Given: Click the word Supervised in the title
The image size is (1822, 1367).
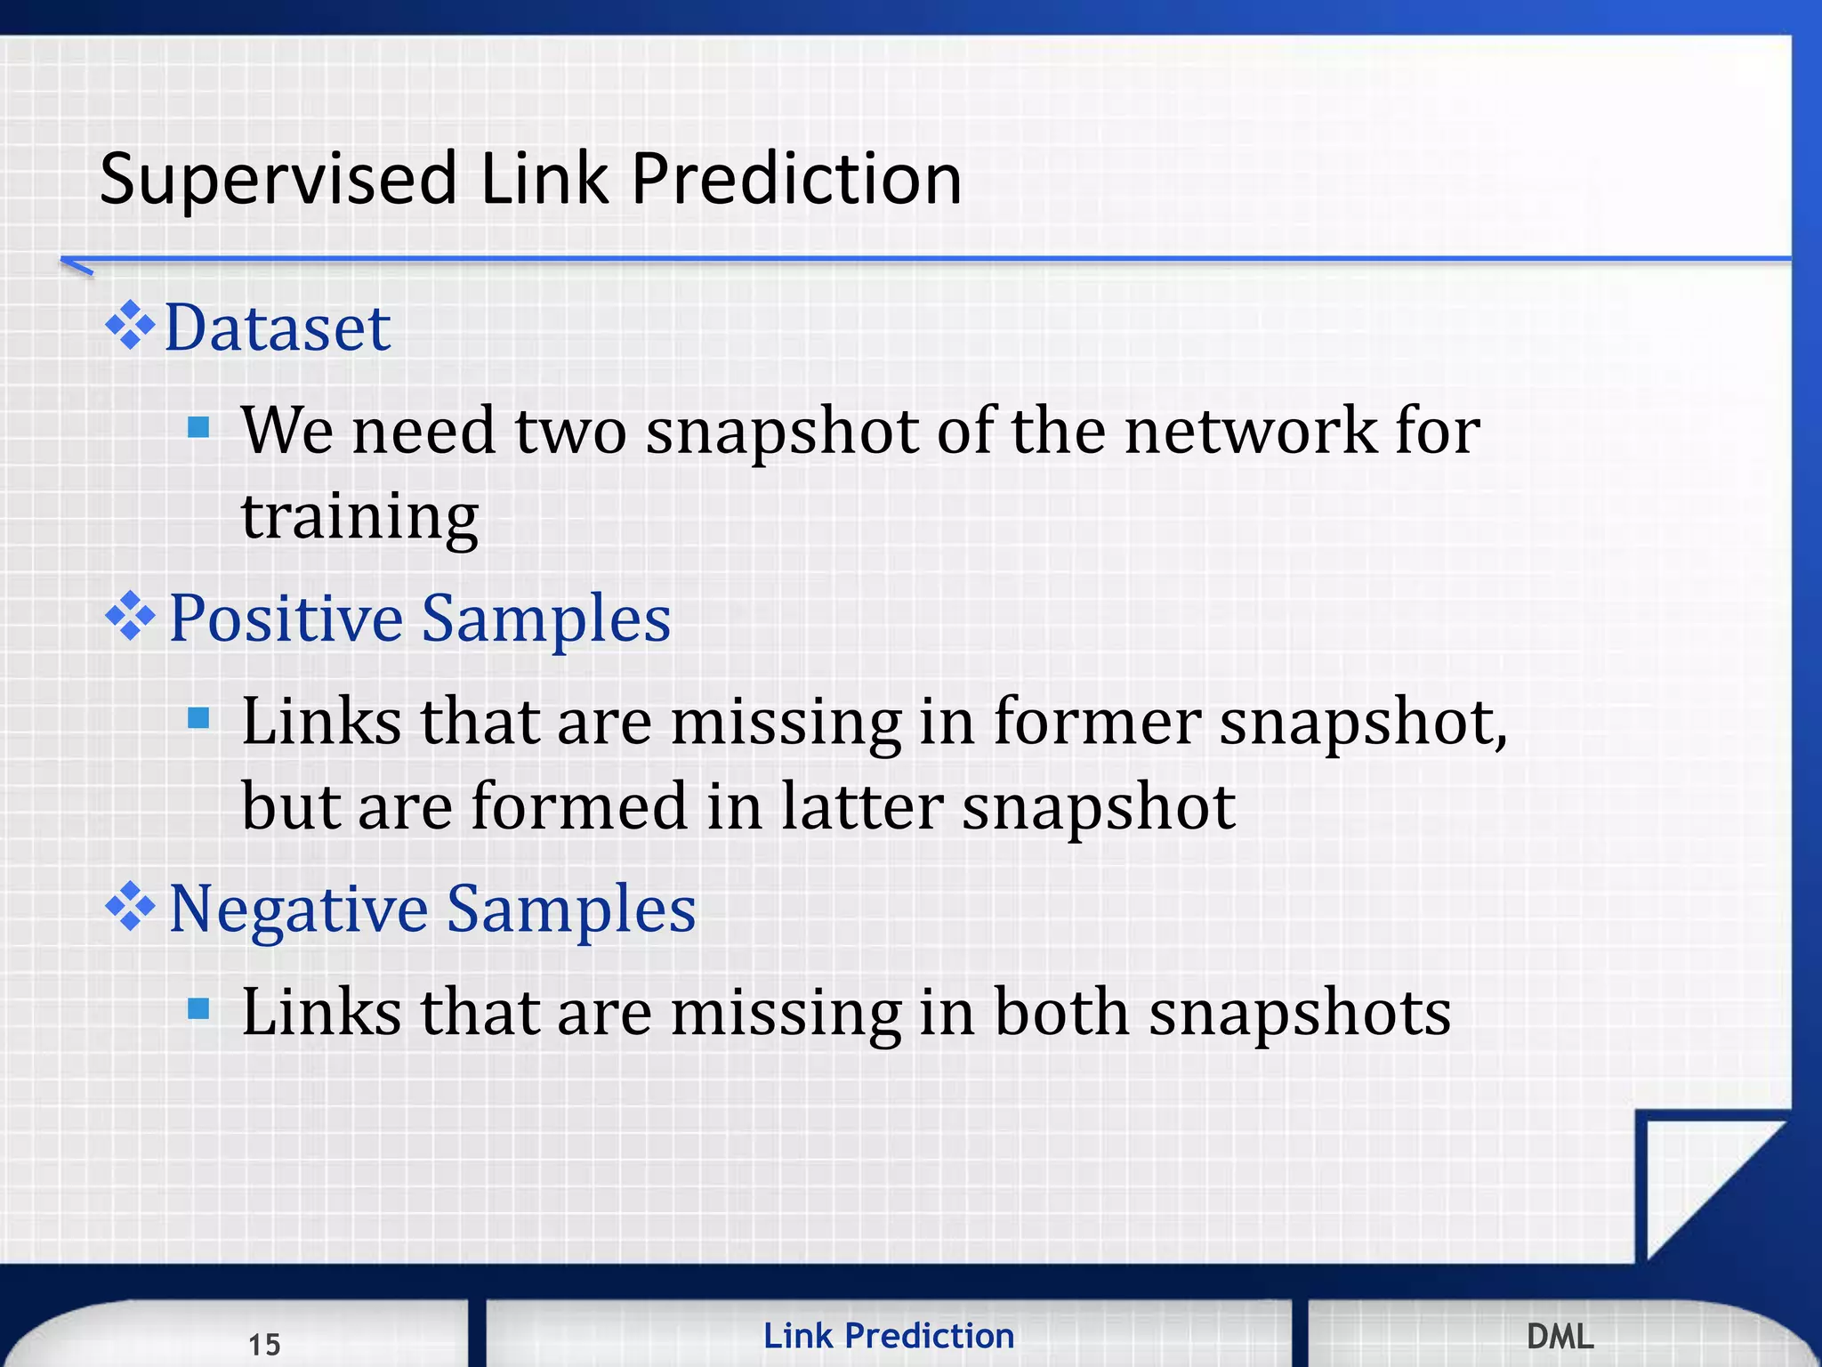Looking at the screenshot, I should coord(278,180).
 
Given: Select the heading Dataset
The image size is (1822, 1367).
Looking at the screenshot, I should coord(278,328).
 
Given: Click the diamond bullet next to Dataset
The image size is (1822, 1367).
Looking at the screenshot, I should coord(130,326).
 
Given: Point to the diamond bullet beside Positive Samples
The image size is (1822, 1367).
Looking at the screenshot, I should coord(130,616).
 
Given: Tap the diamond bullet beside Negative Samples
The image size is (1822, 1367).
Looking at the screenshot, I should coord(130,906).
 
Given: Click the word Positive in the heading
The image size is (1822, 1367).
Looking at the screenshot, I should coord(286,619).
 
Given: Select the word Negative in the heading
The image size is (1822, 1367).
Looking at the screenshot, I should coord(298,910).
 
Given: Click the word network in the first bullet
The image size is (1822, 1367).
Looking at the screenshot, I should coord(1250,431).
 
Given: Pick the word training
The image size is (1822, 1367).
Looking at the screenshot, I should coord(360,516).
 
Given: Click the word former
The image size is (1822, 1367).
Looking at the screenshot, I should coord(1097,721).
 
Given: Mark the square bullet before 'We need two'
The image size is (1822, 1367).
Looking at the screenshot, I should coord(198,428).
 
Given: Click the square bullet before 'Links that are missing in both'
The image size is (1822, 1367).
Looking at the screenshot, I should coord(198,1009).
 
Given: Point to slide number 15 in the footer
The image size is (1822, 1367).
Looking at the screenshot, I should coord(264,1344).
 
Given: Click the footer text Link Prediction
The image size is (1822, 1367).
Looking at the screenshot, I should coord(889,1336).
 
